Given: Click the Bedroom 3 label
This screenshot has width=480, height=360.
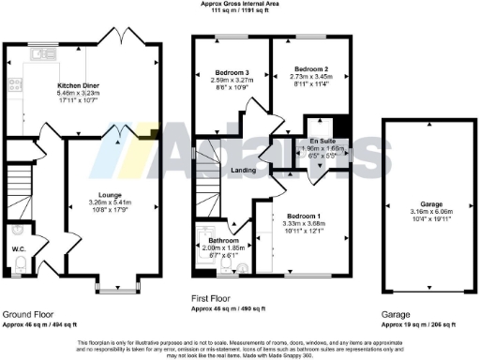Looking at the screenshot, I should point(230,72).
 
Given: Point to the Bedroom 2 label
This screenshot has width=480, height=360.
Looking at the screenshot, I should point(309,68).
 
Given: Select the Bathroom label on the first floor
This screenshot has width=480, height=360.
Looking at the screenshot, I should point(217,240).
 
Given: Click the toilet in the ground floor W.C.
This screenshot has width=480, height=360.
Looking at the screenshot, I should point(19,265).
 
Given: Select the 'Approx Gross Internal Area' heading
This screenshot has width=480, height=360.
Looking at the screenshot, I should point(239,4).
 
